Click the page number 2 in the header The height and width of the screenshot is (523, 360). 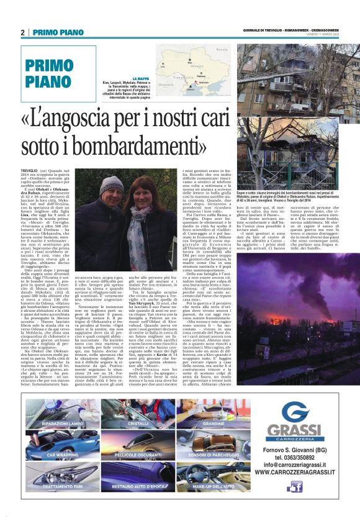click(x=22, y=32)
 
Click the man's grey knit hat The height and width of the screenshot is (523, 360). click(x=112, y=184)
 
